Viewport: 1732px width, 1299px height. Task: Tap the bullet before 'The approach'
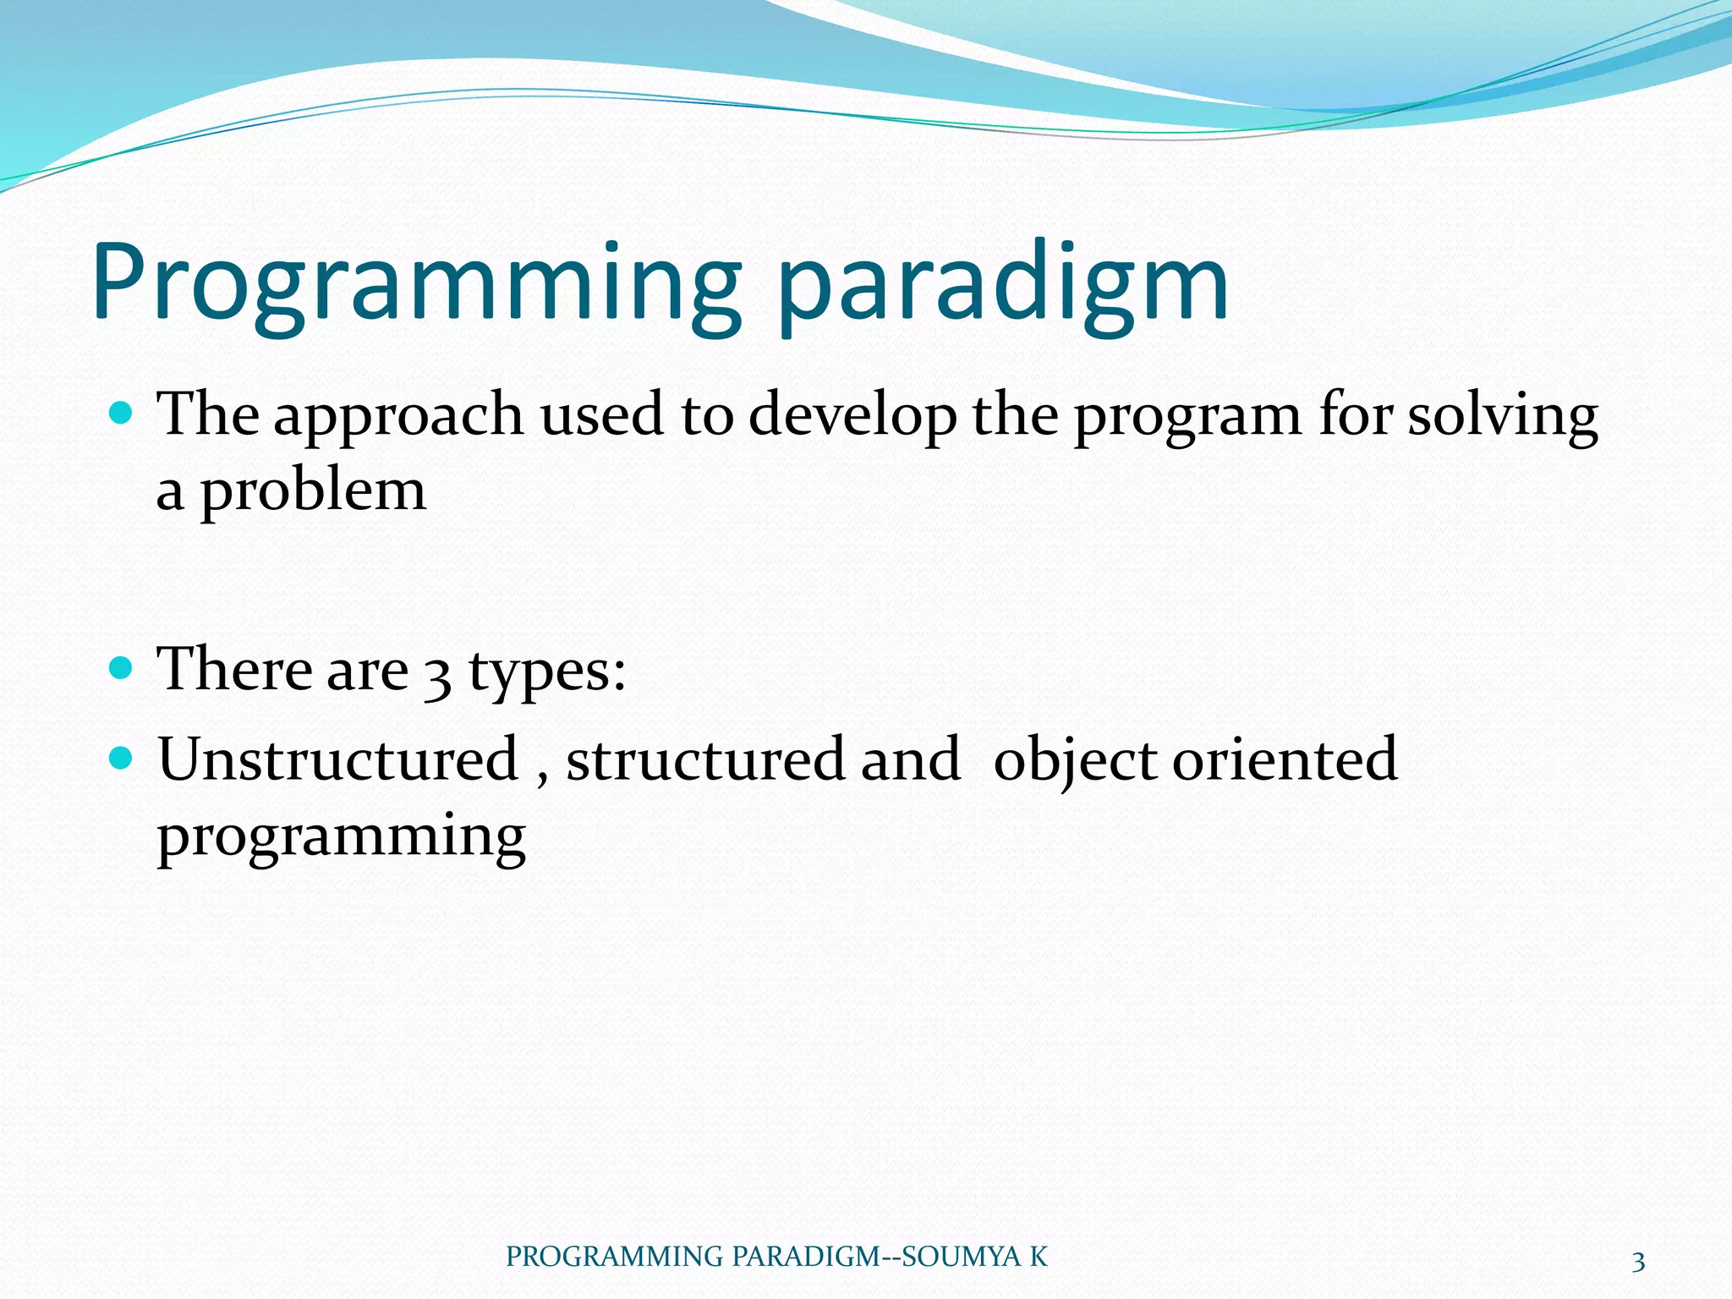pos(123,413)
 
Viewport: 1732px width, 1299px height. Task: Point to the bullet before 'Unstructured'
pos(123,757)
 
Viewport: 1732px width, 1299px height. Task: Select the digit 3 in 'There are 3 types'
pos(437,677)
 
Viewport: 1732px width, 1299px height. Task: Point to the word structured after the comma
pos(705,759)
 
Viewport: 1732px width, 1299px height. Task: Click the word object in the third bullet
pos(1074,762)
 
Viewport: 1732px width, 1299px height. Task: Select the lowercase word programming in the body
pos(342,838)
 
